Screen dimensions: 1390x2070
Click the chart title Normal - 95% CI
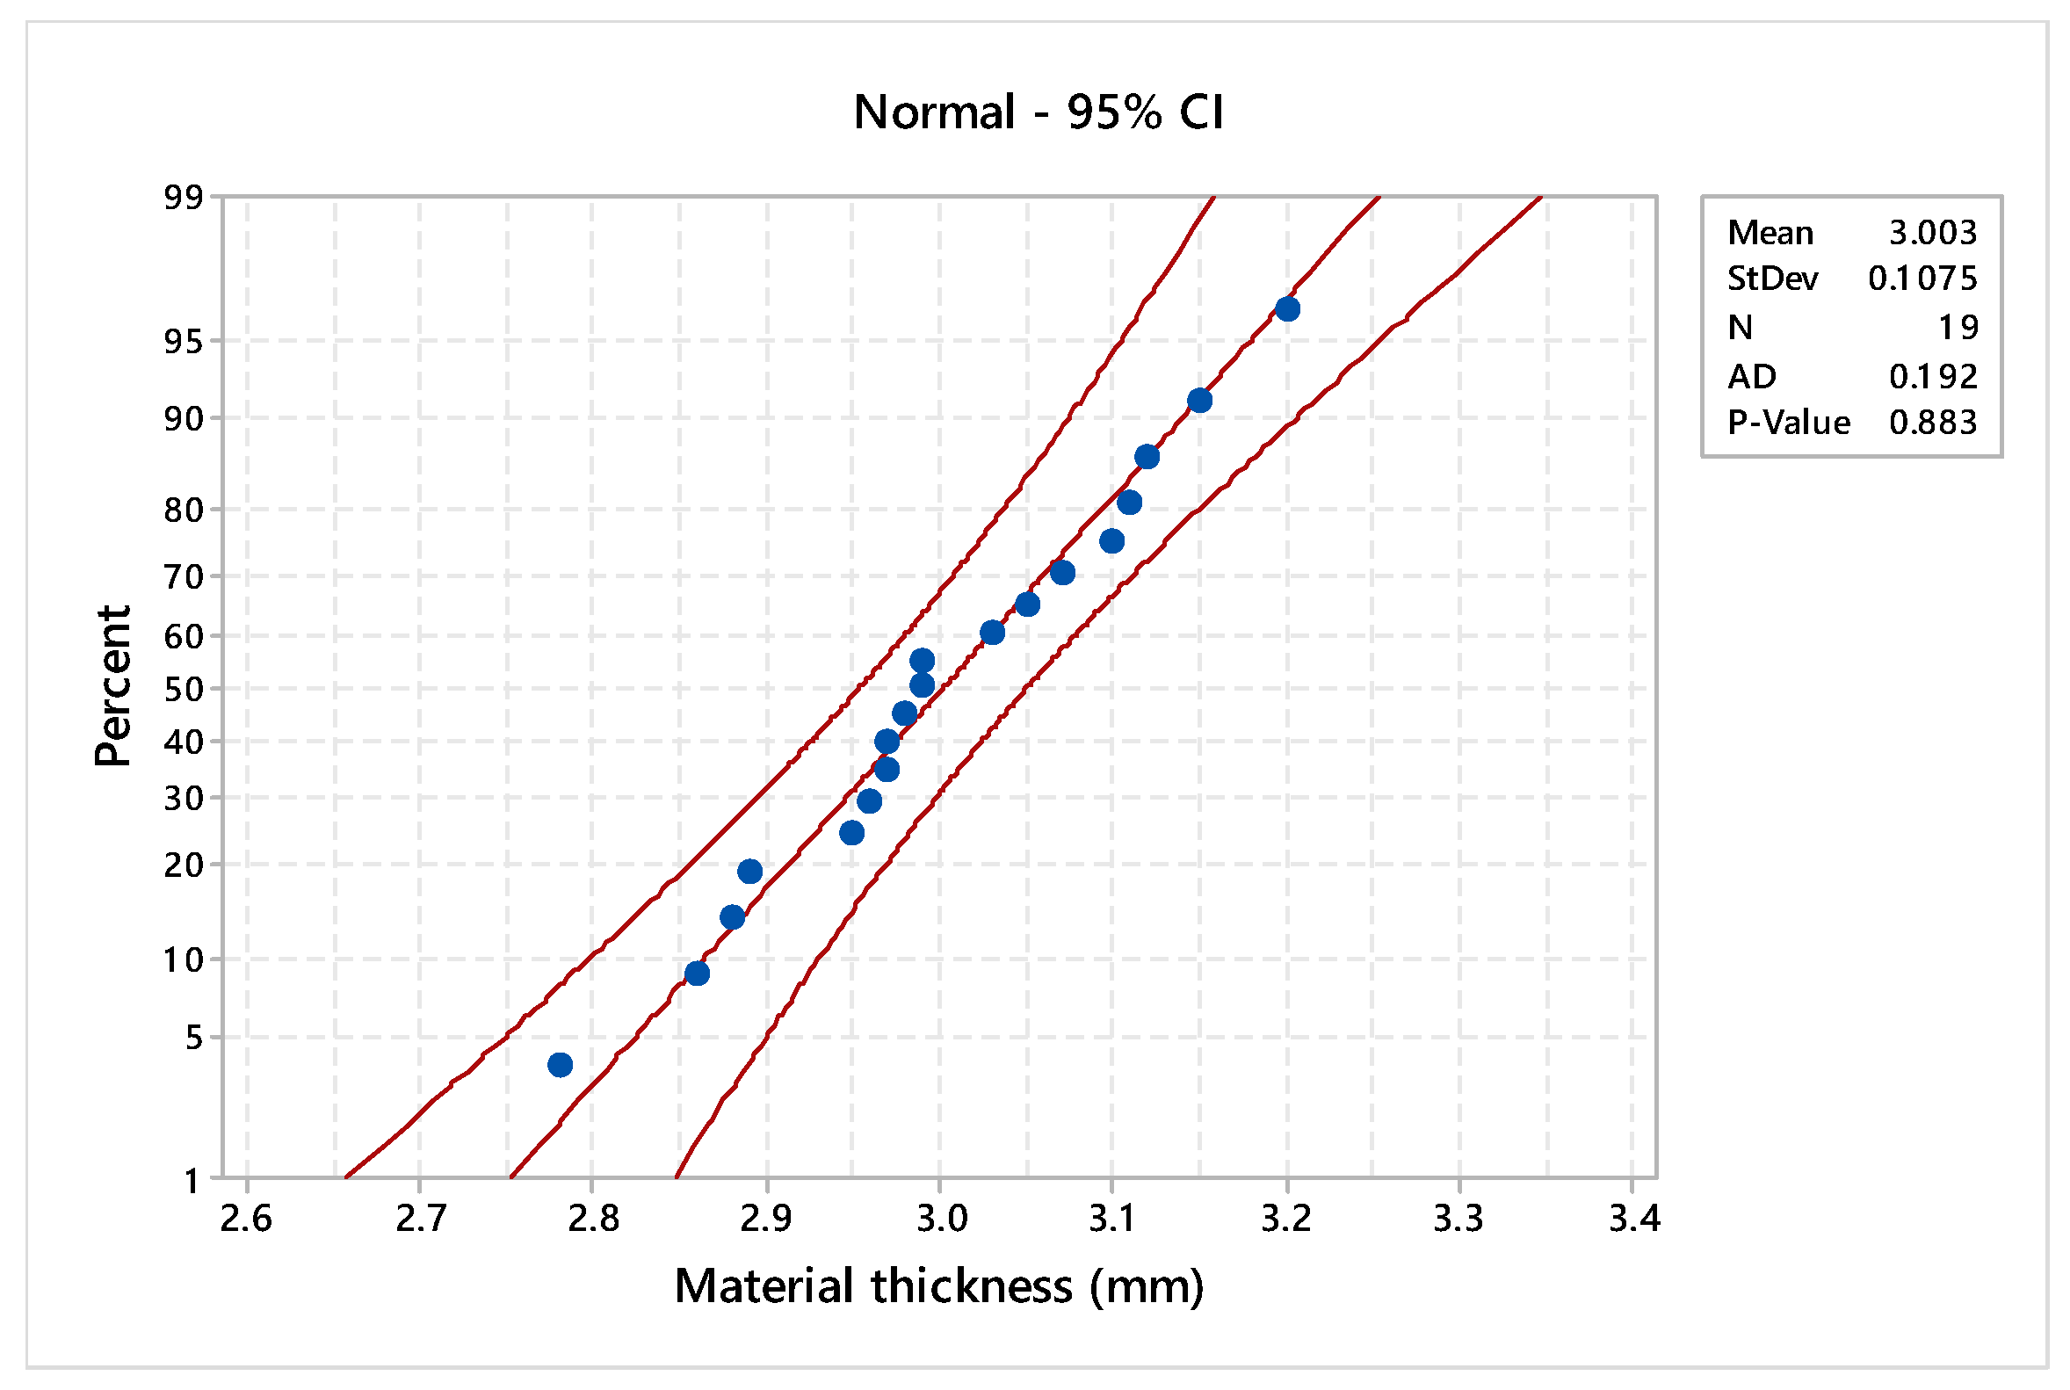click(1039, 112)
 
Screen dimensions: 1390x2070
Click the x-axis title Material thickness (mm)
click(939, 1286)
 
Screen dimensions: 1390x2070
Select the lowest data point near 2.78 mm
click(560, 1065)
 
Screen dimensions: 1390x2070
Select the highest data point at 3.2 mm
click(1287, 309)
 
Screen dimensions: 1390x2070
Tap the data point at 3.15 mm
click(1199, 401)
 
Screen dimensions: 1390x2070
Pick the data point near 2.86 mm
click(697, 974)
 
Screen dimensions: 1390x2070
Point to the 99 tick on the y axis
click(183, 198)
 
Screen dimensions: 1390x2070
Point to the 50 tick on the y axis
click(183, 689)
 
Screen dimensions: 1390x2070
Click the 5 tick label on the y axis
click(193, 1037)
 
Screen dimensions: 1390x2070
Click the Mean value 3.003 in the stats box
click(1932, 233)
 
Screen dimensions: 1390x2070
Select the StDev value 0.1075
click(1922, 279)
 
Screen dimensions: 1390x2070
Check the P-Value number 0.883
click(1932, 423)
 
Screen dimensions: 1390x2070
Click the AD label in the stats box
click(1751, 378)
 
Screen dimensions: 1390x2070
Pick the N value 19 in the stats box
click(1958, 328)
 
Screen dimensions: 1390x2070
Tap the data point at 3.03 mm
click(992, 633)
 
